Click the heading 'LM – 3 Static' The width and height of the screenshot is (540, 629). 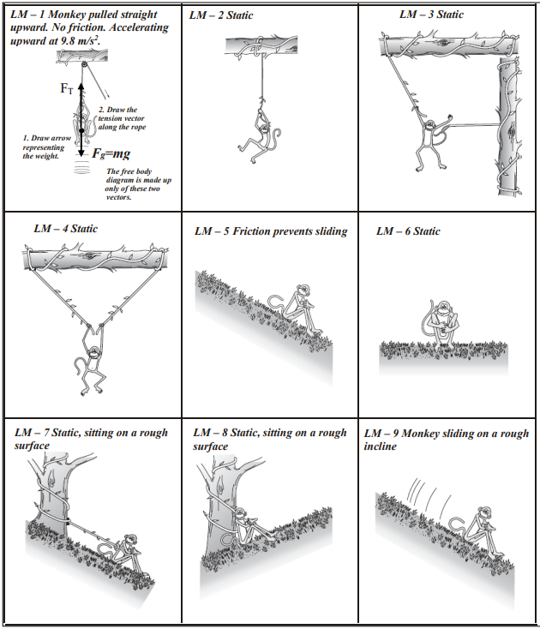(x=431, y=15)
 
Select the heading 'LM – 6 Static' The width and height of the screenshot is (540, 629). (x=408, y=231)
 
